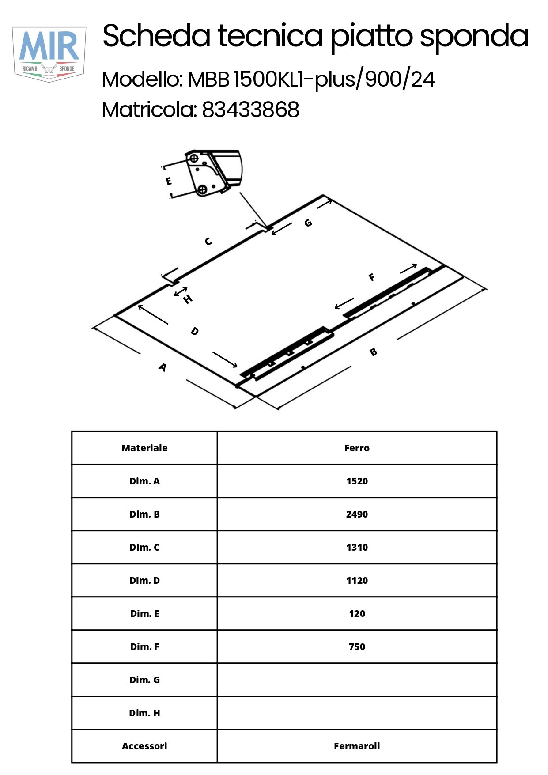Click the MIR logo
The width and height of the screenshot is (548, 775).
[49, 53]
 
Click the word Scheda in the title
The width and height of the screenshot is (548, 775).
[156, 36]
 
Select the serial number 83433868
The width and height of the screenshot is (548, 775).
[250, 110]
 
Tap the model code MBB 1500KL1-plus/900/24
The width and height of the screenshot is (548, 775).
[311, 79]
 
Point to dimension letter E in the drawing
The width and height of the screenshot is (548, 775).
[169, 181]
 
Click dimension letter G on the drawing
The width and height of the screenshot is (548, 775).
[308, 223]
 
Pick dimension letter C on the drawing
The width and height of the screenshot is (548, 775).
[208, 241]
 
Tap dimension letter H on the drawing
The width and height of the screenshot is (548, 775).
[188, 299]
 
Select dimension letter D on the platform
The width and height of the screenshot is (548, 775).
[195, 331]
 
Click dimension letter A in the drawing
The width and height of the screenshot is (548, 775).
[163, 367]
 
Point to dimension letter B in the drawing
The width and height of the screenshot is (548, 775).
[374, 352]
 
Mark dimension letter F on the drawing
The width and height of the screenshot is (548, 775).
[372, 277]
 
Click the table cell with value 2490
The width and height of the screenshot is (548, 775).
[357, 514]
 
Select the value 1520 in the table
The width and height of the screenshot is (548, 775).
[357, 481]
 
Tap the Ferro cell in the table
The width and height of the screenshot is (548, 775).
[357, 448]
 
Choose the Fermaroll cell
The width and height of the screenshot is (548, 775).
[357, 746]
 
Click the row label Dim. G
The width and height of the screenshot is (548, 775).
[144, 680]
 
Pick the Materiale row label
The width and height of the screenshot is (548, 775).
[144, 448]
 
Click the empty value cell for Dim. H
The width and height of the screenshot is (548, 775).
[357, 713]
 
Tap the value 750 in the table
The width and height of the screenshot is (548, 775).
[357, 646]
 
